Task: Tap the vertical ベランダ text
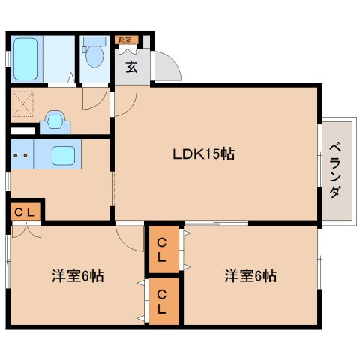(x=334, y=170)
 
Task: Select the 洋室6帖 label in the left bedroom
(x=77, y=275)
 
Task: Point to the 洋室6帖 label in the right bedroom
(x=250, y=275)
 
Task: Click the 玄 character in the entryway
(x=131, y=67)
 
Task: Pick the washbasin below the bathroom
(x=53, y=121)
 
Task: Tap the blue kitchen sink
(x=62, y=157)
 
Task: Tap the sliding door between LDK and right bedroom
(x=215, y=223)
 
